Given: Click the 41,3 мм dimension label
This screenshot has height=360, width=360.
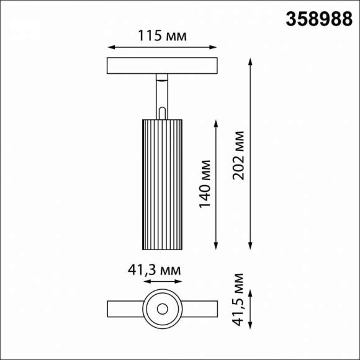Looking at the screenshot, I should click(154, 271).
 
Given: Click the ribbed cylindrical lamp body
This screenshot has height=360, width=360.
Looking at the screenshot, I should click(163, 183).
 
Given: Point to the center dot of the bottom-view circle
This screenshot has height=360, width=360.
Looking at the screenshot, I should click(163, 308).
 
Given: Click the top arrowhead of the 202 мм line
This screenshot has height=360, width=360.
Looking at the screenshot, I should click(251, 61).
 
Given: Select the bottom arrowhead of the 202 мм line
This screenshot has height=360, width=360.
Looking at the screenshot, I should click(251, 246).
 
